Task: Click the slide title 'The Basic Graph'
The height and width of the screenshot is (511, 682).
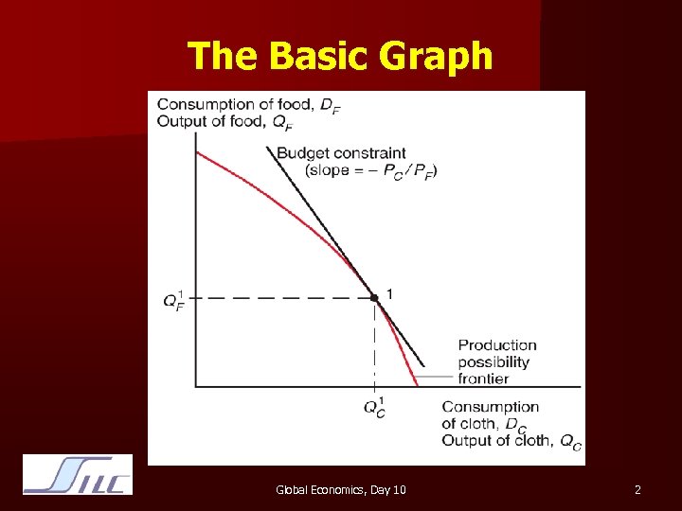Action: pyautogui.click(x=340, y=56)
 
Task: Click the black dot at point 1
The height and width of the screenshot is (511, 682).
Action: pyautogui.click(x=374, y=297)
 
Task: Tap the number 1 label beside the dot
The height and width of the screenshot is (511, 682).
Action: pyautogui.click(x=389, y=292)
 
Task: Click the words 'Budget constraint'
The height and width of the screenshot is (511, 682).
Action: pyautogui.click(x=341, y=152)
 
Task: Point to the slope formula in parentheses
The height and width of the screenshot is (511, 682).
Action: pyautogui.click(x=371, y=170)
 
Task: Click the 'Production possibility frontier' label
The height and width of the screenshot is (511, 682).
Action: pyautogui.click(x=497, y=361)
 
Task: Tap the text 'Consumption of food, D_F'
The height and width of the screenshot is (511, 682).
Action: pyautogui.click(x=248, y=105)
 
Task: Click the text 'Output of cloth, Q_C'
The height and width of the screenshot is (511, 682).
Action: pyautogui.click(x=511, y=441)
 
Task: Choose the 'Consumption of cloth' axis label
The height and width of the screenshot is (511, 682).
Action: pyautogui.click(x=490, y=415)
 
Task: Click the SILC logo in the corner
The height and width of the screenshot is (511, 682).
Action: pyautogui.click(x=78, y=475)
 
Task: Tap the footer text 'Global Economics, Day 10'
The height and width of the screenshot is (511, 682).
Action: pyautogui.click(x=341, y=489)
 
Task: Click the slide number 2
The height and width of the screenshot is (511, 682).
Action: pyautogui.click(x=637, y=489)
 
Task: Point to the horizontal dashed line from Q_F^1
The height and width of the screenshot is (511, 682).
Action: pyautogui.click(x=284, y=297)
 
